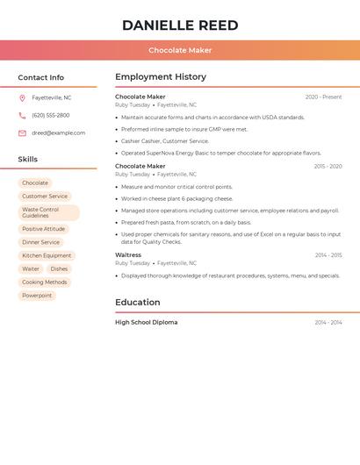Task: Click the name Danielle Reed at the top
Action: [180, 25]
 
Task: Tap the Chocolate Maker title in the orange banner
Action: [180, 51]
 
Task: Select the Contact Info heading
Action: [41, 77]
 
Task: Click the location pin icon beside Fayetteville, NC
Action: [22, 97]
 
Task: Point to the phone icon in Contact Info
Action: [22, 115]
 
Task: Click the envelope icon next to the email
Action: [22, 133]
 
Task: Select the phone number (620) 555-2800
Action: [51, 115]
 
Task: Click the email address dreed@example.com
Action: [59, 133]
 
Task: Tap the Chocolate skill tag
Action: [35, 183]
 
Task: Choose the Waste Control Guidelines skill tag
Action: [48, 212]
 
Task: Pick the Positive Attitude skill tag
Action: [44, 229]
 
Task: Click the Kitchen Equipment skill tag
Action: [47, 255]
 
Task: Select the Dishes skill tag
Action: [59, 269]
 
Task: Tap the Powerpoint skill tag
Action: [37, 296]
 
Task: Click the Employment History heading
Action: [161, 77]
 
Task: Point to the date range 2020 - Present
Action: [323, 97]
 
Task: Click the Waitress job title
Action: [128, 255]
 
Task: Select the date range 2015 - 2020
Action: [328, 167]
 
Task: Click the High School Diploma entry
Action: [147, 322]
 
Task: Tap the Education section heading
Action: [138, 303]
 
